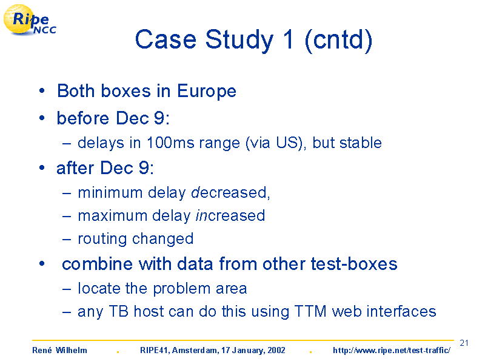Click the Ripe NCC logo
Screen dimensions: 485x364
[29, 20]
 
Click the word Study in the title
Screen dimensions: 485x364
[239, 41]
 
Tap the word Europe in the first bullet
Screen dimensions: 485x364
[207, 92]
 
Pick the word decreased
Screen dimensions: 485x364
[229, 192]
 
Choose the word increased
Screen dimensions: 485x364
[230, 215]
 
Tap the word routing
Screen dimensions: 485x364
[102, 239]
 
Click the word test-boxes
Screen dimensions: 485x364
[354, 264]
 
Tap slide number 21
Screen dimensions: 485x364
[464, 343]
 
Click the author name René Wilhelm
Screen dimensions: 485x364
[59, 350]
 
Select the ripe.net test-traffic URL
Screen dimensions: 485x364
[392, 351]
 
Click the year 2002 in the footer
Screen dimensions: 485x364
[276, 350]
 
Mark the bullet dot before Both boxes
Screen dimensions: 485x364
[42, 91]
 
